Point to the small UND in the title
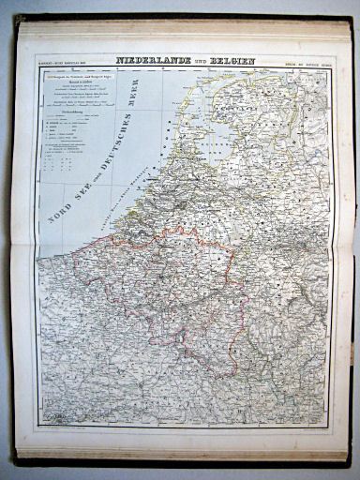point(193,62)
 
